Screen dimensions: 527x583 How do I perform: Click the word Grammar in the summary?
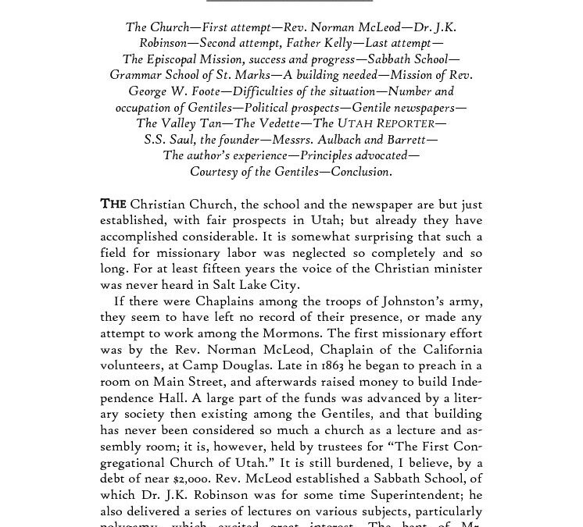(136, 75)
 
